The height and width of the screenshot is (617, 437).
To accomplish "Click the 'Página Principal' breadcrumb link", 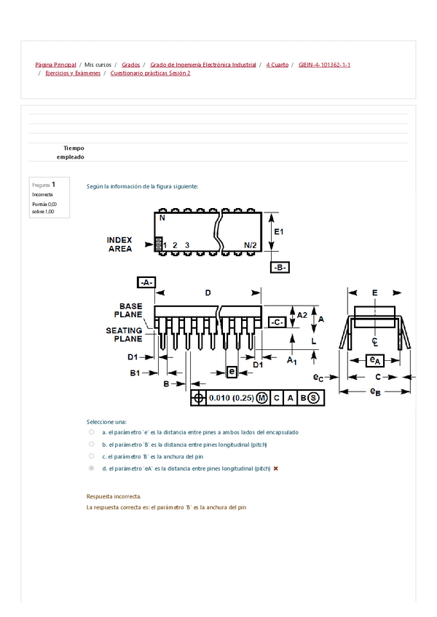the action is [x=55, y=65].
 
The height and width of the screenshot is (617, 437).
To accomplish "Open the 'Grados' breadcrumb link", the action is [x=131, y=65].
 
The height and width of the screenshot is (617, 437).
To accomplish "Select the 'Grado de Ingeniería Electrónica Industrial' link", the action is [x=203, y=65].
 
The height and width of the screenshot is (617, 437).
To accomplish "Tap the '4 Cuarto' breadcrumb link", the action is [x=277, y=65].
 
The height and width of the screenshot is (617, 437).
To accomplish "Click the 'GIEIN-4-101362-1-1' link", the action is [x=325, y=65].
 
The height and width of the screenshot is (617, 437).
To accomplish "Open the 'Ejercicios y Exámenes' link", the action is [x=73, y=73].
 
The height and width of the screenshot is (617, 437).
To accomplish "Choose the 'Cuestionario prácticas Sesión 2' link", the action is [x=150, y=73].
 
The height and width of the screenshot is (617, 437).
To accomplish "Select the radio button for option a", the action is [x=91, y=432].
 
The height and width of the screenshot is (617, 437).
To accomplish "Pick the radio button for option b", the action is [x=91, y=444].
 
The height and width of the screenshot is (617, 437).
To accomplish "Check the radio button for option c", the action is [x=91, y=456].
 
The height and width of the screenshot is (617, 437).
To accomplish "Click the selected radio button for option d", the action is [x=91, y=469].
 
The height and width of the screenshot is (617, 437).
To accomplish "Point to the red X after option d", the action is [x=276, y=469].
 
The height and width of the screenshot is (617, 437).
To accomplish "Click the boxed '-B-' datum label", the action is [x=280, y=267].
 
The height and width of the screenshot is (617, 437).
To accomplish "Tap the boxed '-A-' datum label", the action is [x=146, y=282].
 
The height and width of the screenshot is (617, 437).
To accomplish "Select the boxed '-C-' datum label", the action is [x=277, y=321].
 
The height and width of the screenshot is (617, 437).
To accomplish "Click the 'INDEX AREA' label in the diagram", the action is [x=119, y=244].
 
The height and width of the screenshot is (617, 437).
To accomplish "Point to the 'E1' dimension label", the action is [x=277, y=231].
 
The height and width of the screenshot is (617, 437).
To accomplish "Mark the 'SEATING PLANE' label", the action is [x=125, y=335].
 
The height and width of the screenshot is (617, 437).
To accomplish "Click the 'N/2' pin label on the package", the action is [x=250, y=245].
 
